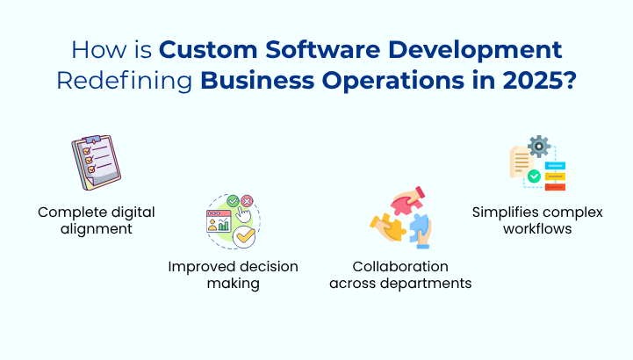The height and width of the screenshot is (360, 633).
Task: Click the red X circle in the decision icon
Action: click(x=247, y=201)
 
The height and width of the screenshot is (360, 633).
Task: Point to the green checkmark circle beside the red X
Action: click(x=233, y=201)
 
